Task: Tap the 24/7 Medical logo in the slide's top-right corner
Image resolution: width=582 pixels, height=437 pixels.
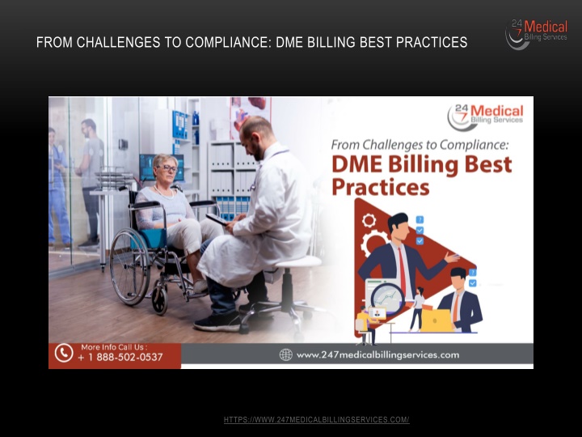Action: (x=537, y=34)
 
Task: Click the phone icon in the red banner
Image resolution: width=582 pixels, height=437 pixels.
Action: (x=64, y=353)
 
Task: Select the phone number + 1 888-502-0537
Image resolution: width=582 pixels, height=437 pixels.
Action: (x=120, y=358)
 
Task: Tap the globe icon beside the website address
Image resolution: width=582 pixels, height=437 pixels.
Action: (x=286, y=355)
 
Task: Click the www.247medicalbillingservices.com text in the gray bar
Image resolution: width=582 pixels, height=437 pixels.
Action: (x=377, y=355)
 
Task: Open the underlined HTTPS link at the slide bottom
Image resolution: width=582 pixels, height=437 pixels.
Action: (x=316, y=419)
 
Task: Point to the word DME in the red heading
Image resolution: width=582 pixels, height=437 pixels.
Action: (x=356, y=164)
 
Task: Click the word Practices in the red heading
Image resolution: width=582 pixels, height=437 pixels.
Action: (x=381, y=187)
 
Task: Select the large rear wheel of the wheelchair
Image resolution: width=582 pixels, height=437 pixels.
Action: (x=130, y=266)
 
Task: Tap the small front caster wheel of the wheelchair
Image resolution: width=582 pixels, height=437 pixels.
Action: (x=159, y=299)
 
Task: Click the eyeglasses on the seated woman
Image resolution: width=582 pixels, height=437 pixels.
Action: (x=168, y=168)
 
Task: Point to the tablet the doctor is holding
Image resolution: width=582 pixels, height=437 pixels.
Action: (x=217, y=219)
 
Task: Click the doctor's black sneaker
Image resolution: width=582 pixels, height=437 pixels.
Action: (x=217, y=322)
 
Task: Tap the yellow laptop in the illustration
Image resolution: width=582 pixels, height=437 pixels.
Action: (x=436, y=320)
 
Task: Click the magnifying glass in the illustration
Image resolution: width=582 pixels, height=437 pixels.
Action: (x=387, y=299)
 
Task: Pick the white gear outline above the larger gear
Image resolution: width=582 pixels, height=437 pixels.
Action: (x=369, y=221)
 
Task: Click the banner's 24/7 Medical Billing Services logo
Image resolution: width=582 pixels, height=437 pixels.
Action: (x=486, y=117)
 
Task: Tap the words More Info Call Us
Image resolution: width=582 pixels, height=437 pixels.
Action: (x=114, y=347)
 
